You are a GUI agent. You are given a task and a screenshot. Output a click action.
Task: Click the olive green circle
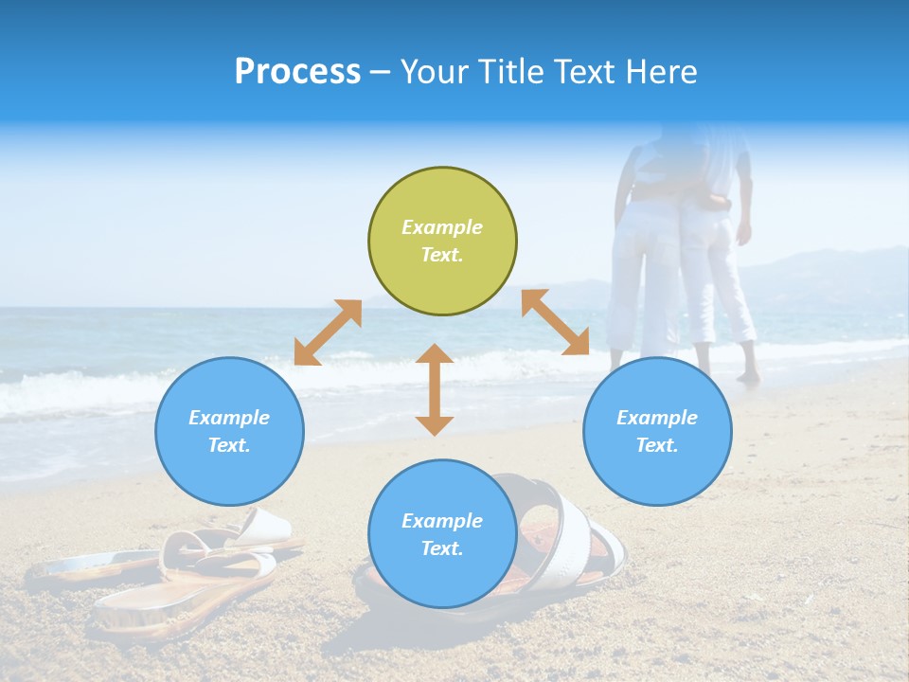click(x=442, y=242)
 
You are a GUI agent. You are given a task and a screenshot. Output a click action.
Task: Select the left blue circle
click(x=229, y=431)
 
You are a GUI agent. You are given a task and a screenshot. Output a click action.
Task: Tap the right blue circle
click(x=657, y=431)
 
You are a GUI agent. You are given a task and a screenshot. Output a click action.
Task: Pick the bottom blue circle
click(x=442, y=534)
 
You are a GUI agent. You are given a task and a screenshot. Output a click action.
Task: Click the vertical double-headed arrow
click(x=435, y=389)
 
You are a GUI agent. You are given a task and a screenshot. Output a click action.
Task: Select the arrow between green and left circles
click(x=328, y=332)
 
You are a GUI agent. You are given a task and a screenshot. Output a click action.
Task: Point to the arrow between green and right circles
click(x=555, y=322)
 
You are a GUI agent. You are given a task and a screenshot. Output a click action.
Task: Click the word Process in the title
click(x=297, y=71)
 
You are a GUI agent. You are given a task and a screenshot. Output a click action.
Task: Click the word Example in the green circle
click(x=442, y=227)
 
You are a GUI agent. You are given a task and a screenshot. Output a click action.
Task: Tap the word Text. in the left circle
click(x=229, y=445)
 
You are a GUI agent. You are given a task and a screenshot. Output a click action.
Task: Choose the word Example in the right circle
click(x=657, y=418)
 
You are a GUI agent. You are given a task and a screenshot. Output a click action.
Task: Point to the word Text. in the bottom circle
click(x=442, y=548)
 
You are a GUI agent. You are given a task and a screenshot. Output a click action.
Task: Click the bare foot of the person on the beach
click(x=748, y=377)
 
